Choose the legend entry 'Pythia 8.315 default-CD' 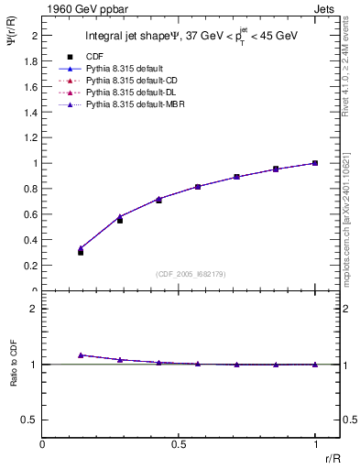[x=126, y=81]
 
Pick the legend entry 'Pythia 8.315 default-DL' [x=126, y=93]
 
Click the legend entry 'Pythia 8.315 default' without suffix [x=121, y=69]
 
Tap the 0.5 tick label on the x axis [x=179, y=444]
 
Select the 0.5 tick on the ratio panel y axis [x=31, y=419]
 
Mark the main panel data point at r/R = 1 [x=314, y=163]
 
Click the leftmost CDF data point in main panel [x=81, y=252]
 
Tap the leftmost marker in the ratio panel [x=81, y=354]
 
